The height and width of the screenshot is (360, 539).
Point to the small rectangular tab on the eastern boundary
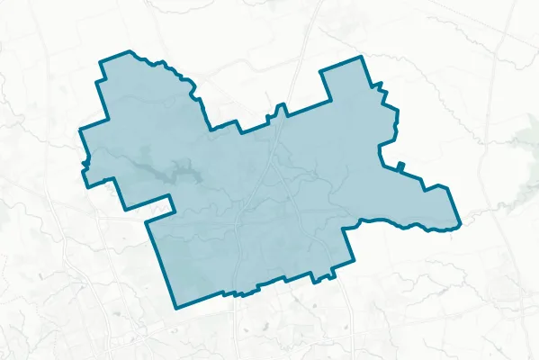[400, 166]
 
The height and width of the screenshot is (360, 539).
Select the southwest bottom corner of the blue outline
[176, 307]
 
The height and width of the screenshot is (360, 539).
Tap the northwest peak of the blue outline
[130, 52]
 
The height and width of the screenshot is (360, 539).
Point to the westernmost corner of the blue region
[80, 130]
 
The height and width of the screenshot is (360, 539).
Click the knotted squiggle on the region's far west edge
[86, 162]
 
